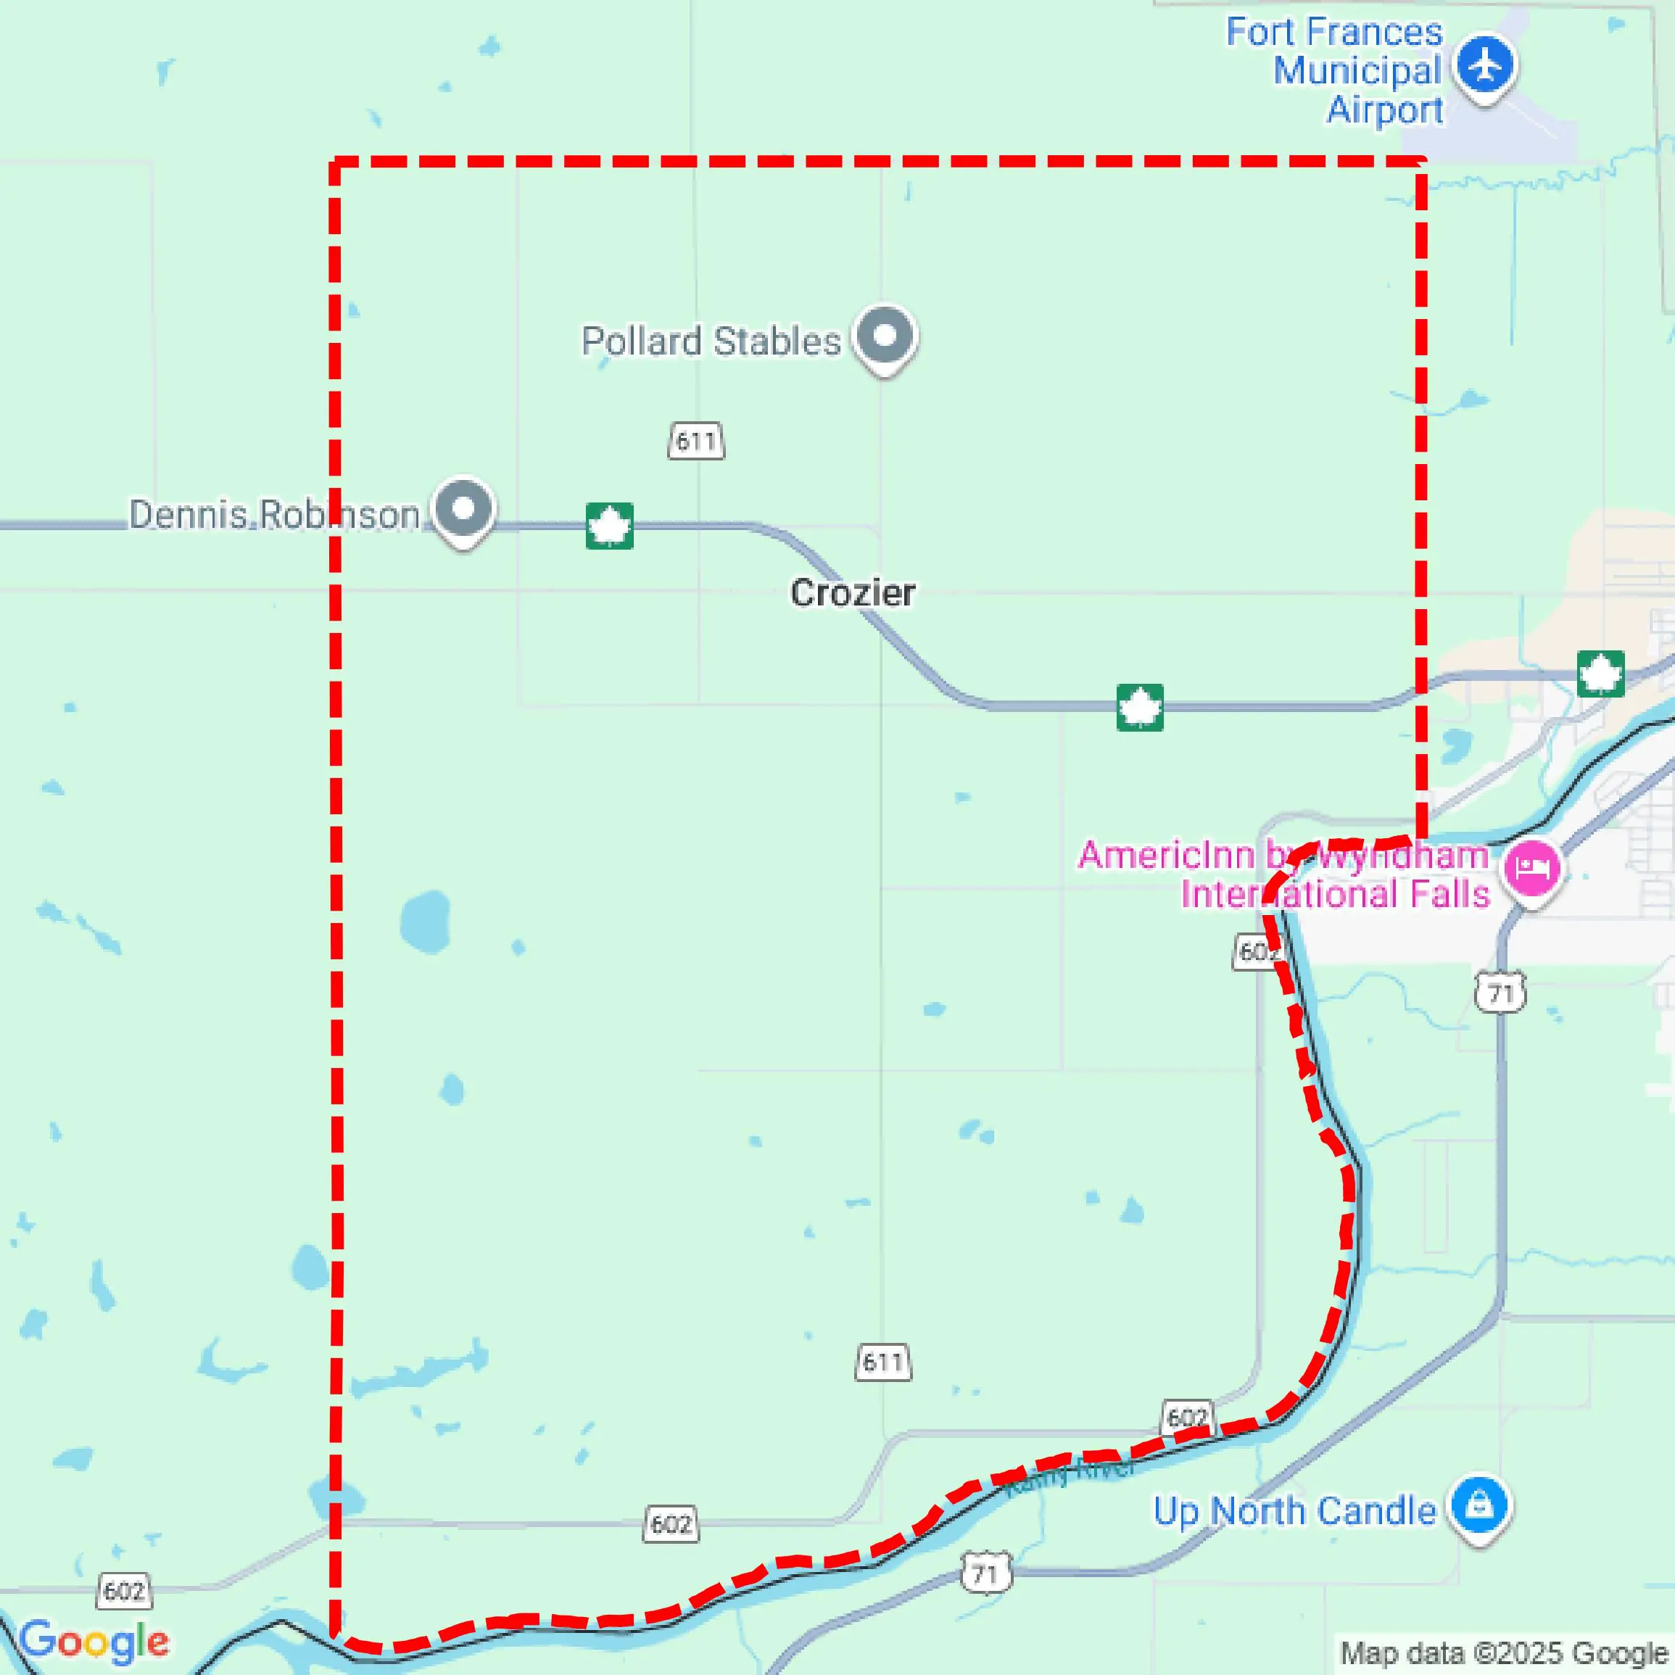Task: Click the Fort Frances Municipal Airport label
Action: point(1334,71)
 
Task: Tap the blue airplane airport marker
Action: point(1485,66)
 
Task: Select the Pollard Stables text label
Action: point(711,342)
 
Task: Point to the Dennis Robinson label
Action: point(274,515)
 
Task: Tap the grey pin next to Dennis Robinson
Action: point(464,508)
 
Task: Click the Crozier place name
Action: point(852,593)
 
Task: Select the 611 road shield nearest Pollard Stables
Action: point(696,442)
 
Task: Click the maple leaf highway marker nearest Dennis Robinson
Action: point(610,526)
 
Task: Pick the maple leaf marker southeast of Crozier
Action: point(1140,708)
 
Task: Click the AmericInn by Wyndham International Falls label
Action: point(1284,874)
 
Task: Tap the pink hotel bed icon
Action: point(1532,868)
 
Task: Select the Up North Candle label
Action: point(1294,1511)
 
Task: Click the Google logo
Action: point(94,1641)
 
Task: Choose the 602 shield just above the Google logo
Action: point(124,1591)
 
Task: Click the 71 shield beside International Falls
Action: point(1501,993)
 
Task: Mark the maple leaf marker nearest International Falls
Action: point(1600,674)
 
